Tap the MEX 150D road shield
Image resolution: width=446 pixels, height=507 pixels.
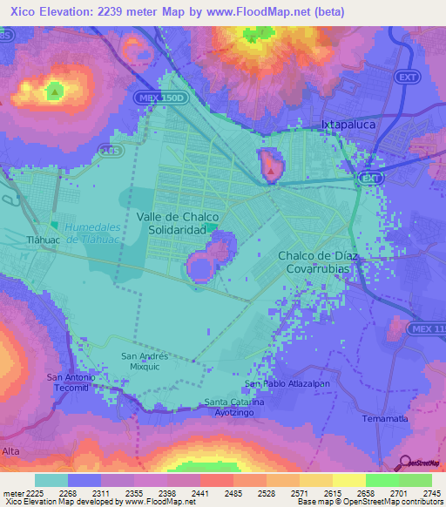[x=161, y=98]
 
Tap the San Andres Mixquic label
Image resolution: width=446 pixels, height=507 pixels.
[x=144, y=362]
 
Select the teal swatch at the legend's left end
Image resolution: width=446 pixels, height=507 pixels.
[x=51, y=480]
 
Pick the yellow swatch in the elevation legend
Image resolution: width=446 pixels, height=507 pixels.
[x=348, y=480]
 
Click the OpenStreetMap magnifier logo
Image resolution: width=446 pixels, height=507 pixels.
[x=404, y=464]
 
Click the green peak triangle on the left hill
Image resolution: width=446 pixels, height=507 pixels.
[x=55, y=90]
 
